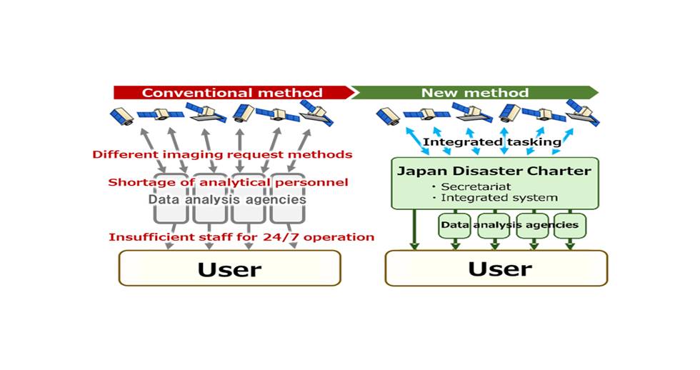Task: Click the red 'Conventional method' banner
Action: (x=232, y=93)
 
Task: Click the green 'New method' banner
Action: (x=474, y=93)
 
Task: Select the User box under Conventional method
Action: (x=229, y=269)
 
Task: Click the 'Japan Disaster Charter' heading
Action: (x=494, y=171)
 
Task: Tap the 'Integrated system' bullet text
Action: (x=499, y=197)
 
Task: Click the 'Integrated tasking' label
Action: (x=491, y=142)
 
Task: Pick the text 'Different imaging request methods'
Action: (x=222, y=154)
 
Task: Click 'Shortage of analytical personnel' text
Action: (x=228, y=182)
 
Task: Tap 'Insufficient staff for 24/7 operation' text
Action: (x=241, y=237)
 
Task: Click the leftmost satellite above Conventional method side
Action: (x=121, y=116)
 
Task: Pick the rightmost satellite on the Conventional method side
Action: (x=315, y=112)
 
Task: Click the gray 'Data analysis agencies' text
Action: (x=227, y=200)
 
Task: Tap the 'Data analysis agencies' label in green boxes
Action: (x=510, y=225)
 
